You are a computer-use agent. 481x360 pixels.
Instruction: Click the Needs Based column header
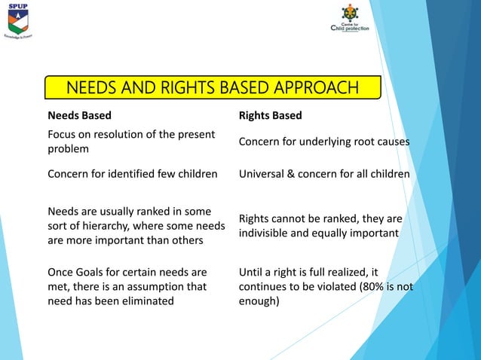79,115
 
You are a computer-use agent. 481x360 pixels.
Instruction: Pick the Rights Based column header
270,115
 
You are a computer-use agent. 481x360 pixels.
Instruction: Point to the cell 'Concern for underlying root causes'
323,142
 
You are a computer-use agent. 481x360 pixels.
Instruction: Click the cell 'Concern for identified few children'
133,174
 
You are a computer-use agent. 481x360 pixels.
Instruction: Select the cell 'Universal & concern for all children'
323,174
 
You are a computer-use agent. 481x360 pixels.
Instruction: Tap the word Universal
262,174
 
